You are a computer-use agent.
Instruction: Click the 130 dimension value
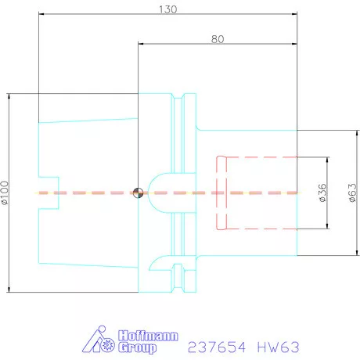click(168, 9)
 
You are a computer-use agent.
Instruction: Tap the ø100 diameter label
click(6, 193)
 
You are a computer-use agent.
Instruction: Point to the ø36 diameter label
click(323, 192)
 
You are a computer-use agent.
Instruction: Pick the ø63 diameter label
click(352, 193)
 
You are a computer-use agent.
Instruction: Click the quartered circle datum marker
click(138, 193)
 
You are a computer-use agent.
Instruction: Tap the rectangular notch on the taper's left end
click(48, 193)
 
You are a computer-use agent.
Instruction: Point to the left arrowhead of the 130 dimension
click(41, 14)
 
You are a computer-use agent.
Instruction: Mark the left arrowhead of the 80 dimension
click(141, 43)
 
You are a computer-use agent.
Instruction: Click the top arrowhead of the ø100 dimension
click(10, 95)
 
